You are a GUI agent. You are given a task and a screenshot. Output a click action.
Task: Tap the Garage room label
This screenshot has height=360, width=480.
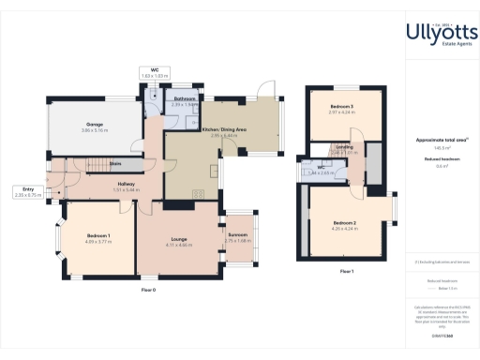coord(95,125)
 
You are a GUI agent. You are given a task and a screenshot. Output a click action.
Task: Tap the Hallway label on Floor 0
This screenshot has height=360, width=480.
coord(127,184)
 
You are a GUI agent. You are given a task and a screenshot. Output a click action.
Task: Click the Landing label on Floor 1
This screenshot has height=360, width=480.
coord(345,147)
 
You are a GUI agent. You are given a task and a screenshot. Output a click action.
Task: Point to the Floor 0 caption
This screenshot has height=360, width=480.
coord(147,292)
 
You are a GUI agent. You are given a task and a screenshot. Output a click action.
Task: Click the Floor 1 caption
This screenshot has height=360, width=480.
coord(346,271)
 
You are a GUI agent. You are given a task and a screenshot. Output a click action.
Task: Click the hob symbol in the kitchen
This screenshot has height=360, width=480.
coord(199,194)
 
